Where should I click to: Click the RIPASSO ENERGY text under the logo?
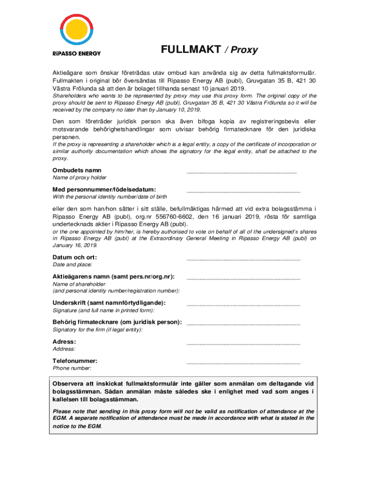click(76, 53)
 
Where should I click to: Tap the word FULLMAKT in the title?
click(191, 49)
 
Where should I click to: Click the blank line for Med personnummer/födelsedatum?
click(243, 191)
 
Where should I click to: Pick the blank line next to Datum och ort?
click(243, 259)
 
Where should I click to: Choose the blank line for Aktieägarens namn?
click(243, 278)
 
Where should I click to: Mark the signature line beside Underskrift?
click(243, 304)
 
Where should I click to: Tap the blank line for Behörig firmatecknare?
click(243, 324)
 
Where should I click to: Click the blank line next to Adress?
click(243, 343)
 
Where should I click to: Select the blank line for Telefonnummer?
click(243, 362)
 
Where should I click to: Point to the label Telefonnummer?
click(75, 361)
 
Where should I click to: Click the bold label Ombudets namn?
click(77, 170)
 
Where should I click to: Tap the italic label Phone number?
click(72, 368)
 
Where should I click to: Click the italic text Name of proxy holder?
click(79, 178)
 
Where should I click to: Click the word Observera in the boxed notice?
click(69, 384)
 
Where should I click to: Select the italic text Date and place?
click(72, 265)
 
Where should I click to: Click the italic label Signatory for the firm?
click(97, 329)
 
